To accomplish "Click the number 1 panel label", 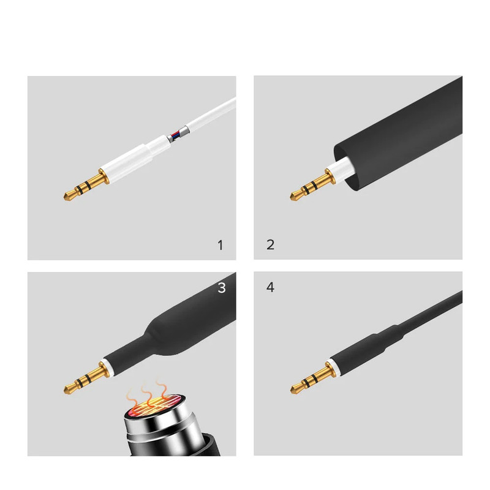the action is [221, 246].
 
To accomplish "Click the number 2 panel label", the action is [271, 244].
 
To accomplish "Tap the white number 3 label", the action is [222, 287].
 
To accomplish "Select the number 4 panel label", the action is [270, 287].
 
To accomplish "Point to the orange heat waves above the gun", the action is [147, 394].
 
